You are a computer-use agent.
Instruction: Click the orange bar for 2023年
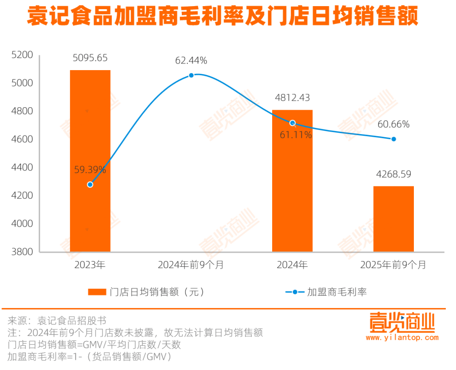click(x=90, y=161)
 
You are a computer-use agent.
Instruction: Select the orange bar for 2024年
click(x=292, y=180)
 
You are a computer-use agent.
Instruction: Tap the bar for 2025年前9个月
click(x=394, y=219)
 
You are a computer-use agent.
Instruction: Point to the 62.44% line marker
click(x=191, y=75)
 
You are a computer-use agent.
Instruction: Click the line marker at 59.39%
click(x=90, y=184)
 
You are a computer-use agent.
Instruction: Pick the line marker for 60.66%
click(x=394, y=139)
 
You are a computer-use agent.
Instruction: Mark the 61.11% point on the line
click(x=292, y=123)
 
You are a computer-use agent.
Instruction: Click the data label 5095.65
click(x=90, y=58)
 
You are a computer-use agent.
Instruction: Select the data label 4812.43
click(x=292, y=98)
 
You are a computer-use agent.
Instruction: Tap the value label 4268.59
click(x=394, y=174)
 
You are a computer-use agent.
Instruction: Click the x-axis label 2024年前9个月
click(x=191, y=265)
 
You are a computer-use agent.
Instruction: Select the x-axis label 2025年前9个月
click(x=394, y=265)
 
